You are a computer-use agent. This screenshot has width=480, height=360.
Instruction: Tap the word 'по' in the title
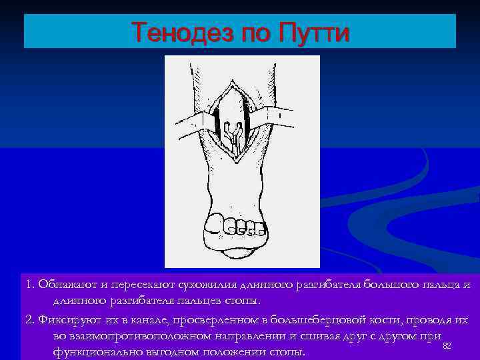click(249, 31)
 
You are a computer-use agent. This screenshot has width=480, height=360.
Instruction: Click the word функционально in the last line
click(97, 351)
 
